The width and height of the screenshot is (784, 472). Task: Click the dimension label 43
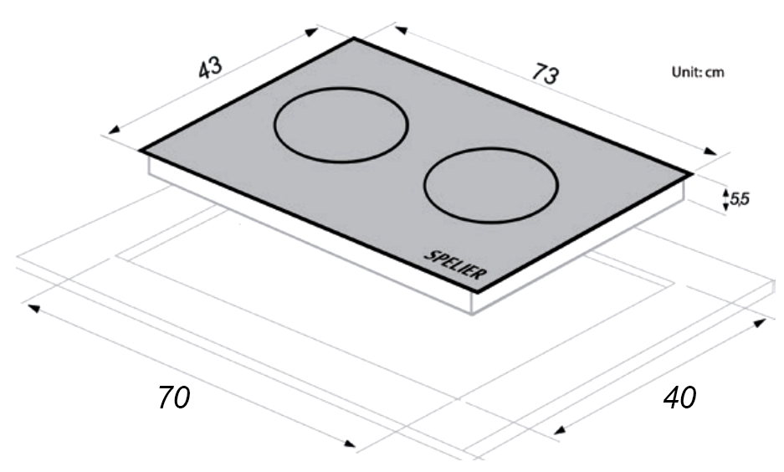coord(210,68)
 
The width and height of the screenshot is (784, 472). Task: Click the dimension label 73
coord(545,74)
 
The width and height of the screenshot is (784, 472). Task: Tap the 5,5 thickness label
coord(740,199)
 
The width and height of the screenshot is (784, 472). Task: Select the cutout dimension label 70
coord(174,398)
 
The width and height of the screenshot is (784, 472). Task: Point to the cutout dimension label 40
coord(679,398)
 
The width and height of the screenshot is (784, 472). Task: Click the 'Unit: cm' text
coord(698,72)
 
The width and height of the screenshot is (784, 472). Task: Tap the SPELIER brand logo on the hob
coord(455,264)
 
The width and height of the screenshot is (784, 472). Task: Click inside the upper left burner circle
coord(341,126)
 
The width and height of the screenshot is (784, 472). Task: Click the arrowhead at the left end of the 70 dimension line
coord(33,308)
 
